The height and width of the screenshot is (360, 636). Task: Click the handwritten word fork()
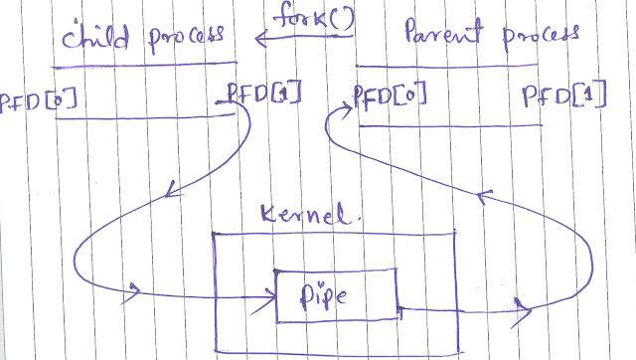point(313,17)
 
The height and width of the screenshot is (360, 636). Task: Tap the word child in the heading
point(95,37)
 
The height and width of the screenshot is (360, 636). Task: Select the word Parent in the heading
point(444,31)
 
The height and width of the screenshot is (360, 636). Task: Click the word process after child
point(186,38)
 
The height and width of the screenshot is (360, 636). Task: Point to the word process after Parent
point(541,36)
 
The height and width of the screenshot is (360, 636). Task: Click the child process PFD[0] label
point(38,99)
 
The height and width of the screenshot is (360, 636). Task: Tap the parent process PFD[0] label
point(391,95)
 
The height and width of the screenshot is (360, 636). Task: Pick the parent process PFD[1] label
point(564,94)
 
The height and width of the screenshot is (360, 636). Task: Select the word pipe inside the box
point(323,295)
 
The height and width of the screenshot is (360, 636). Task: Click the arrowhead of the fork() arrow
point(260,39)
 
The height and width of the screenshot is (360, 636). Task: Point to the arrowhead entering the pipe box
point(268,298)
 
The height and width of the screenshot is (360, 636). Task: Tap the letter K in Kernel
point(269,213)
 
